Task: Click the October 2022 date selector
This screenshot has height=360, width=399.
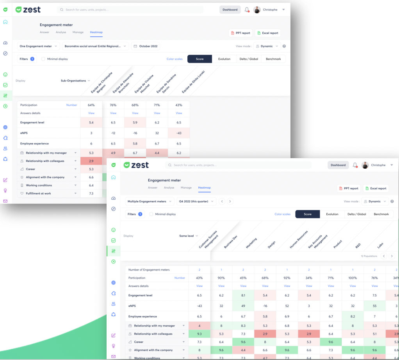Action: tap(146, 46)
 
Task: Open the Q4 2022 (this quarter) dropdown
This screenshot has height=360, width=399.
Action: tap(196, 201)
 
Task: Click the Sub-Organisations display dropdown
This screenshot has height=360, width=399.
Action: tap(75, 81)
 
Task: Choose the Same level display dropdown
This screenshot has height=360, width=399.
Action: tap(189, 236)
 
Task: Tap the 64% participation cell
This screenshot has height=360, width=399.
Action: tap(91, 105)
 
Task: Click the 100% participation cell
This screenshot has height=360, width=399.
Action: tap(353, 278)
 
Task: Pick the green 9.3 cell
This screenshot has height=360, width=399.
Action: tap(199, 334)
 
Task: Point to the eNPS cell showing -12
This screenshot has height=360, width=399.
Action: tap(113, 133)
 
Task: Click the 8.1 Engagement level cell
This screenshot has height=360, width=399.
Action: tap(243, 296)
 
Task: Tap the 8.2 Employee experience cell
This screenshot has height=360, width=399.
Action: tap(353, 316)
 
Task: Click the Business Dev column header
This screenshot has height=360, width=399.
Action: tap(231, 242)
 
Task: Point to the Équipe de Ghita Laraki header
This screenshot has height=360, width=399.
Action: tap(193, 82)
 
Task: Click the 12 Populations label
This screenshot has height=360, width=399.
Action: tap(369, 256)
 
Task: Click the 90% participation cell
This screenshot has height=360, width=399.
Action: tap(221, 278)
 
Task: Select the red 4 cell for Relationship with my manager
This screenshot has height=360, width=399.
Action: tap(199, 326)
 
